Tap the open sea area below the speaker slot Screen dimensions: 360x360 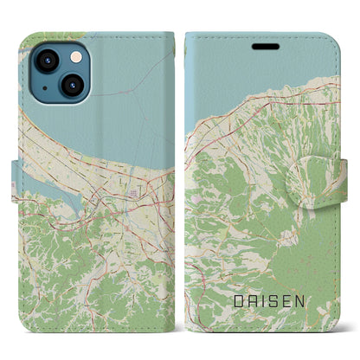coord(260,87)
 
